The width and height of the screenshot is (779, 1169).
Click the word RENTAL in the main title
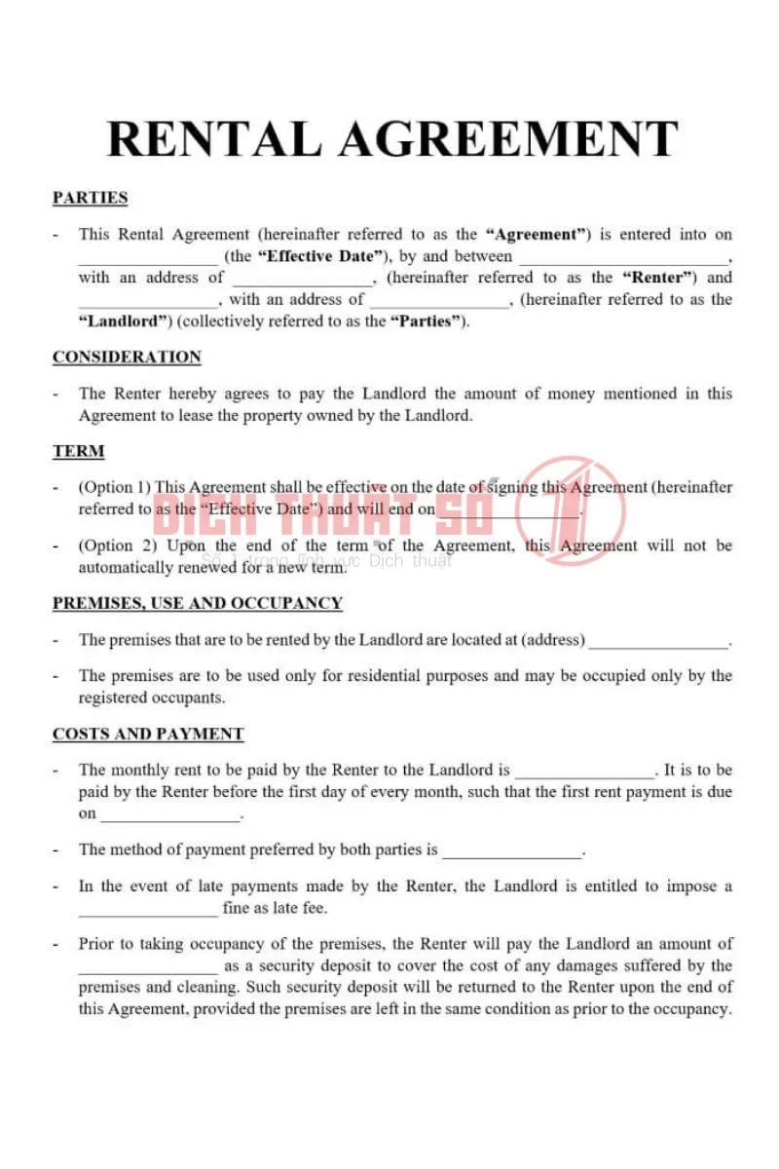pyautogui.click(x=214, y=139)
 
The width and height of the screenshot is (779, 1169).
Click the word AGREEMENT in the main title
pyautogui.click(x=507, y=139)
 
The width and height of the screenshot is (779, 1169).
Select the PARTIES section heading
pyautogui.click(x=91, y=198)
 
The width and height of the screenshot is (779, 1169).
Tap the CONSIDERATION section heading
pyautogui.click(x=127, y=358)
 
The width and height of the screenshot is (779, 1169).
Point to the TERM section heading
pyautogui.click(x=79, y=451)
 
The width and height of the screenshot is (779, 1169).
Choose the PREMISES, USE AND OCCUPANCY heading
pyautogui.click(x=198, y=603)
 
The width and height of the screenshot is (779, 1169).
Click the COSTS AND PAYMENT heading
pyautogui.click(x=148, y=734)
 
